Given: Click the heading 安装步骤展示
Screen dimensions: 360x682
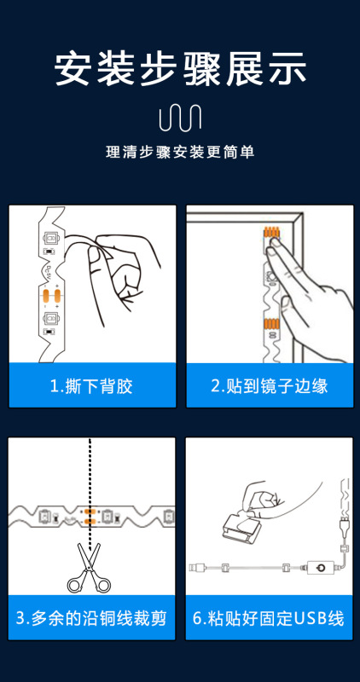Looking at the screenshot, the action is coord(180,69).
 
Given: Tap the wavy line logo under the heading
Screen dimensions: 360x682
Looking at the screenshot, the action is coord(180,118).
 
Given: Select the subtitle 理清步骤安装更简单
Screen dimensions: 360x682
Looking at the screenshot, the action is coord(180,153).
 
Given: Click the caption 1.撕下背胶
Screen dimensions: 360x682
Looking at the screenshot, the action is coord(91,386).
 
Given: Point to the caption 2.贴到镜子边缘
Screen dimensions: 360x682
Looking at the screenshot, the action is coord(270,386).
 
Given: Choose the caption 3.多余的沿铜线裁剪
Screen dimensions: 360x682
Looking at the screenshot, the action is coord(91,618).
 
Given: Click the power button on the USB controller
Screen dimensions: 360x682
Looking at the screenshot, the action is coord(320,568).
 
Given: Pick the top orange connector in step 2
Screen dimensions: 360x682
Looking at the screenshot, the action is coord(272,233).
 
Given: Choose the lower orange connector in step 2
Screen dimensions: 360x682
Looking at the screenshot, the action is coord(270,325).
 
